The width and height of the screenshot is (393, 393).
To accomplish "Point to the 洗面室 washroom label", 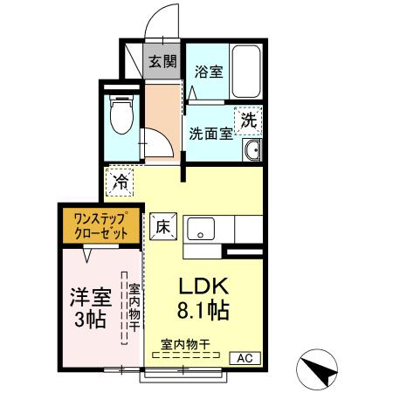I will coord(210,134).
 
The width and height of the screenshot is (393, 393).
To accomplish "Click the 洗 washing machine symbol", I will coord(248,121).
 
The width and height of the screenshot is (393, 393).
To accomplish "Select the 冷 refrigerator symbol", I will coord(120,183).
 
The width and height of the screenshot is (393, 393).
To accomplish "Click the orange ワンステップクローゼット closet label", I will coord(97,226).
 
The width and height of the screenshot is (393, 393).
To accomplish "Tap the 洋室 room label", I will coord(89,296).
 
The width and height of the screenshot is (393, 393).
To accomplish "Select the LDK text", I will coord(203,286).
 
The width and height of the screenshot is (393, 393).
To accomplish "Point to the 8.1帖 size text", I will coord(204,310).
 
